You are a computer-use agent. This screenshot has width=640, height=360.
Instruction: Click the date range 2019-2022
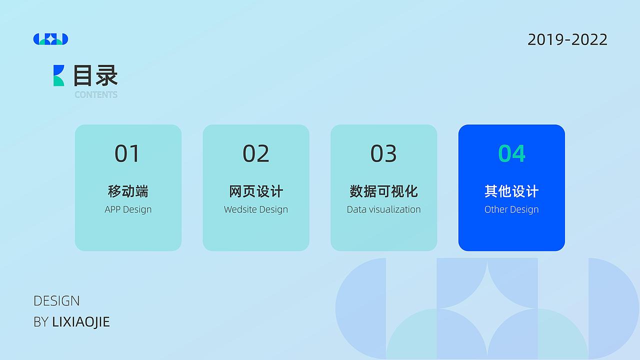567,39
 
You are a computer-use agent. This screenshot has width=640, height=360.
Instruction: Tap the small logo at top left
50,39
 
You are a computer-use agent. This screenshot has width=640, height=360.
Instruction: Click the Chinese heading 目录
95,75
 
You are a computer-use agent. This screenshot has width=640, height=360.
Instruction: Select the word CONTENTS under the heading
96,94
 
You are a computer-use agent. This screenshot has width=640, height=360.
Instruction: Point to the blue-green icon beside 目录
59,75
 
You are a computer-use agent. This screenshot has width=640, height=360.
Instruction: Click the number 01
127,153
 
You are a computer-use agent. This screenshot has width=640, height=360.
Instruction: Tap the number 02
255,153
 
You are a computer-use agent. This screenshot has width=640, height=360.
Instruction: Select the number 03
383,153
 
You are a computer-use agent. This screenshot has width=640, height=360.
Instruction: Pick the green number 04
511,153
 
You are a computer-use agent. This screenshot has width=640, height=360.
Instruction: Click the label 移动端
128,191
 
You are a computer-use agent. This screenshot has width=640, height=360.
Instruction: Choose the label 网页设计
256,191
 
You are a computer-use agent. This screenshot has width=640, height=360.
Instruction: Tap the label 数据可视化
383,191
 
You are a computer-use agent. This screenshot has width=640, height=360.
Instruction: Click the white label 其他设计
511,191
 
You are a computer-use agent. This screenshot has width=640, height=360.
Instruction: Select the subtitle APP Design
128,209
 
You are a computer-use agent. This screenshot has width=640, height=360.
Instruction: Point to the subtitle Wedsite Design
256,209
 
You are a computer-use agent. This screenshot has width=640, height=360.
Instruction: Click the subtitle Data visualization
383,209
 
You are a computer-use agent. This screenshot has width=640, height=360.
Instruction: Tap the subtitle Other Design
511,209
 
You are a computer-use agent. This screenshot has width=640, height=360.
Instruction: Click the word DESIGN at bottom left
56,301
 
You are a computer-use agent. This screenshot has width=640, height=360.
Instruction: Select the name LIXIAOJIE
81,322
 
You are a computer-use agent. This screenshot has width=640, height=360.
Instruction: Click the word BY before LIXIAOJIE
41,322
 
